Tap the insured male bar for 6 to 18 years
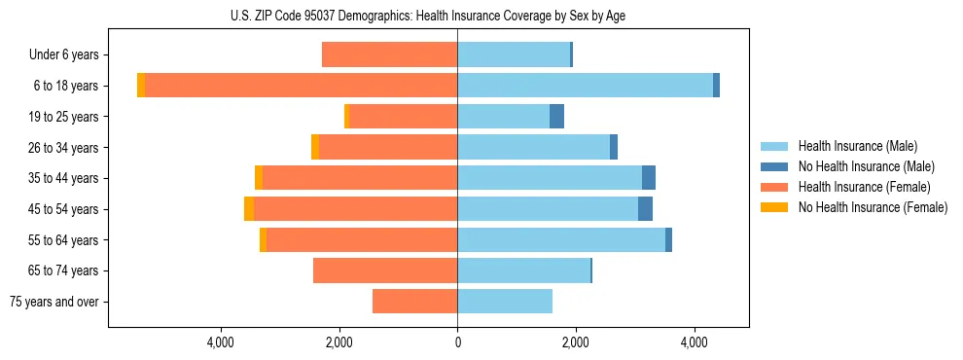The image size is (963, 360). coord(585,86)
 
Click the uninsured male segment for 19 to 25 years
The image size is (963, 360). coord(556,117)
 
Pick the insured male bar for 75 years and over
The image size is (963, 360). coord(505,302)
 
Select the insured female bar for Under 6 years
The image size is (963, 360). coord(389,54)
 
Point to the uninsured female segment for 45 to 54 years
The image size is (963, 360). coord(249,209)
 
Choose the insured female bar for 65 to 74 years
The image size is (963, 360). coord(385,270)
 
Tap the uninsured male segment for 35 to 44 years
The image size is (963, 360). coord(649,178)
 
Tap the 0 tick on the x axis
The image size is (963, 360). coord(457,342)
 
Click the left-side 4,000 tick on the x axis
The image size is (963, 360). coord(220,342)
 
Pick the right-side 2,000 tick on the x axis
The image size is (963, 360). coord(576,342)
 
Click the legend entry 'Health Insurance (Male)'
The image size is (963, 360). coord(857,146)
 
